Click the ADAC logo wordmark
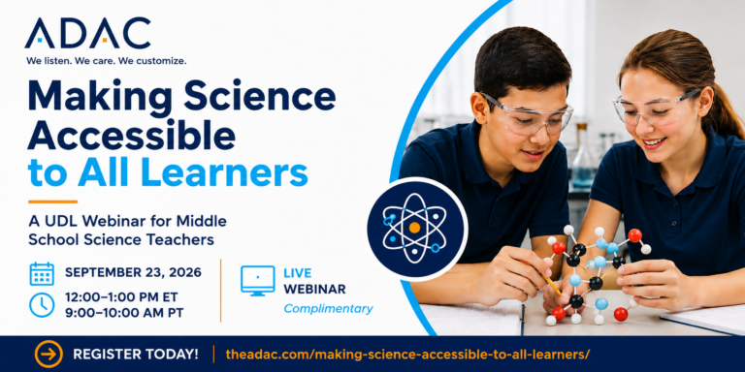[88, 33]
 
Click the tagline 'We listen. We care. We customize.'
[107, 61]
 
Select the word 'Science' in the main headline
[259, 98]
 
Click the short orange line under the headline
[52, 201]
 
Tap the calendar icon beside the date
[42, 273]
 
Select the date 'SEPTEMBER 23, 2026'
[133, 272]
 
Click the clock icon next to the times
[42, 305]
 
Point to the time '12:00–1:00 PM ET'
[121, 297]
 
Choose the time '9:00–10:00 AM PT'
[124, 313]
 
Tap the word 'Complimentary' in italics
[328, 309]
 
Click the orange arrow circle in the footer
[49, 354]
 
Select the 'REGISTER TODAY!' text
[136, 355]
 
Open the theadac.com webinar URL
[408, 355]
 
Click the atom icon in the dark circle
[415, 228]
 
